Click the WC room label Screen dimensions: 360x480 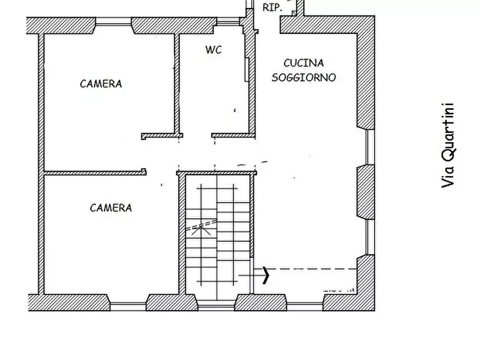coord(213,50)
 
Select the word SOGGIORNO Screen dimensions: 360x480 coord(304,77)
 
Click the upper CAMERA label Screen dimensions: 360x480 coord(101,84)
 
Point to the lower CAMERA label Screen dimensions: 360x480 coord(111,208)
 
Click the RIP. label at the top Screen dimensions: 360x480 coord(272,8)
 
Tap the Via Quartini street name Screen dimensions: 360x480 coord(448,145)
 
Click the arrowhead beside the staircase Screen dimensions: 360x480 coord(266,276)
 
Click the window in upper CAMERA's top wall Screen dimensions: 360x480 coord(113,22)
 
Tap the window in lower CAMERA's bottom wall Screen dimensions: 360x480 coord(128,306)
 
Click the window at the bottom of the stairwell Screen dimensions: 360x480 coord(216,306)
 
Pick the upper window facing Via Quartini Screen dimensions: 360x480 coord(370,147)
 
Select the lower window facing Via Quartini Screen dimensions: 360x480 coord(370,236)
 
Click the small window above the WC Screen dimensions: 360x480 coord(228,23)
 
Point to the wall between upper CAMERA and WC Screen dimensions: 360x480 coord(176,83)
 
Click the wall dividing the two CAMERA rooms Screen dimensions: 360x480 coord(94,173)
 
